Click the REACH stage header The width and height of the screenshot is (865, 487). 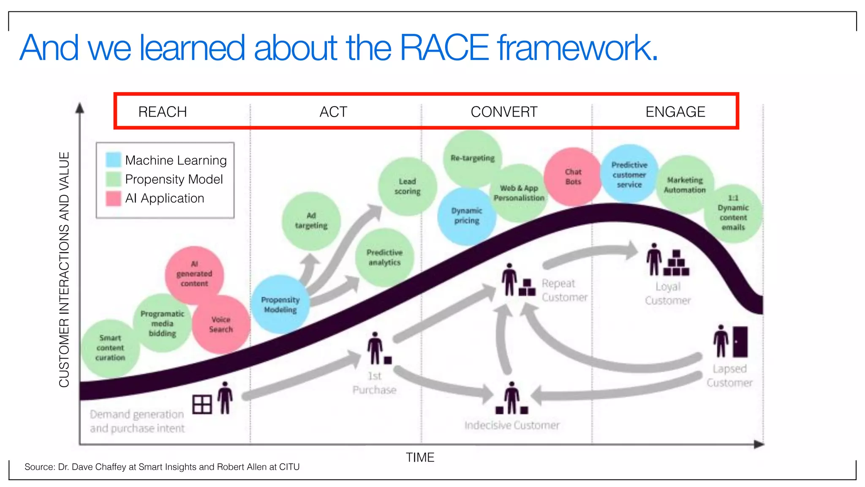click(163, 112)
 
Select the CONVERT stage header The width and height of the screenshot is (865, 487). click(504, 112)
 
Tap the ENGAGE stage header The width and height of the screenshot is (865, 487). click(675, 112)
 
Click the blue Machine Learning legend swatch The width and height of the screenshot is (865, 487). click(113, 160)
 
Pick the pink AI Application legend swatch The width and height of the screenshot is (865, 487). click(113, 198)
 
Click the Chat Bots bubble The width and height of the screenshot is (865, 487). click(573, 177)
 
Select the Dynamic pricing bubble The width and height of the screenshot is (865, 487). click(466, 216)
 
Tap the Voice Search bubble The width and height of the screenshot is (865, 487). click(221, 324)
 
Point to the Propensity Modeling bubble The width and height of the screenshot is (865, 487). click(280, 304)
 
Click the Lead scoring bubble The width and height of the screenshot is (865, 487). click(407, 186)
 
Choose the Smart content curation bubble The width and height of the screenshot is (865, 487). click(110, 348)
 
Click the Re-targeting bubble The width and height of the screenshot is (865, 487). click(472, 159)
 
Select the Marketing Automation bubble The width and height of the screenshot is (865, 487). click(685, 185)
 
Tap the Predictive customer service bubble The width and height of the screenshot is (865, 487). click(629, 175)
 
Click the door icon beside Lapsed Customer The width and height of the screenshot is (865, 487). click(740, 342)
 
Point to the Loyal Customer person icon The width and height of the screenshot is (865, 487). click(654, 259)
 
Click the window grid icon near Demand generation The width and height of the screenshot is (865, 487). click(202, 405)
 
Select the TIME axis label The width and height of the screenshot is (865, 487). click(420, 457)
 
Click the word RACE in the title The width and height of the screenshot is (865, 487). click(444, 48)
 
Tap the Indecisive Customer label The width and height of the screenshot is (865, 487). click(512, 425)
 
